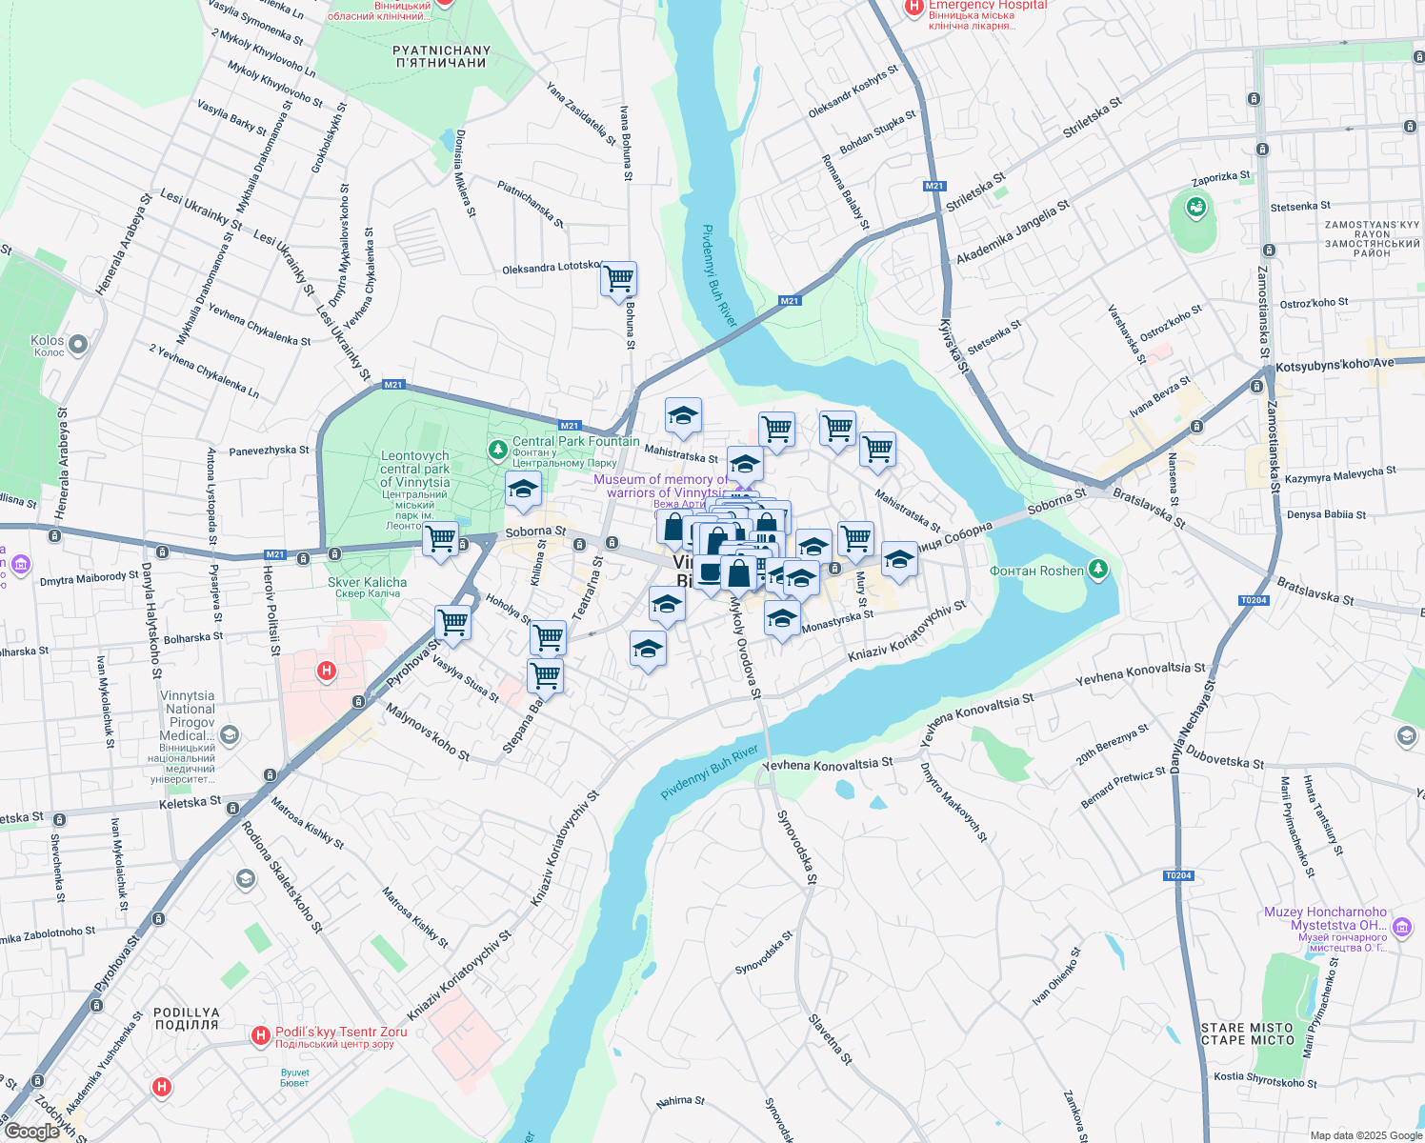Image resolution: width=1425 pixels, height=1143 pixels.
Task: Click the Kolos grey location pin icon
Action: click(x=78, y=344)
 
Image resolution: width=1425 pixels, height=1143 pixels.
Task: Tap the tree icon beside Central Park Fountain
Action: click(x=497, y=449)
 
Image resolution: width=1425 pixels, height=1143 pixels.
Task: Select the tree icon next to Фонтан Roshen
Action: click(x=1098, y=570)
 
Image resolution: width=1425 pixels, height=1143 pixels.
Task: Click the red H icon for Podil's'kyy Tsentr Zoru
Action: click(x=260, y=1035)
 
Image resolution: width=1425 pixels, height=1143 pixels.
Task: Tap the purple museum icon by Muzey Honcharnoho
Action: click(x=1401, y=927)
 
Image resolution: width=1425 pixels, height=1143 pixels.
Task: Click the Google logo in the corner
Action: click(x=31, y=1132)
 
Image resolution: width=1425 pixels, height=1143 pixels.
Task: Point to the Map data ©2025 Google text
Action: click(x=1366, y=1135)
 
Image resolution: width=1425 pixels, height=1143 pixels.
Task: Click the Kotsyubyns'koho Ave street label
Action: click(x=1334, y=365)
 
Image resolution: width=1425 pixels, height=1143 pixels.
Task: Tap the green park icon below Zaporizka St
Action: click(x=1195, y=206)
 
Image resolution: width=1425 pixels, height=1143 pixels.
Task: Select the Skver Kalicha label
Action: click(x=367, y=583)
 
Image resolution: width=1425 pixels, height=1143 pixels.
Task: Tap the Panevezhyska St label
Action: click(x=270, y=451)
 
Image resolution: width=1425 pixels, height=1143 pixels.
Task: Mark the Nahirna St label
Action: click(x=680, y=1101)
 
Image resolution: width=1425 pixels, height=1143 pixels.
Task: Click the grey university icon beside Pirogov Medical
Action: click(x=229, y=734)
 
